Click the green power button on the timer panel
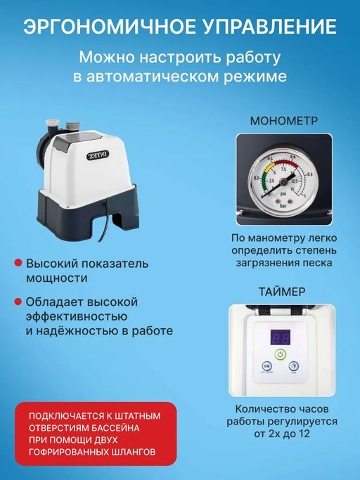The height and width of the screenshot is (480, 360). [281, 355]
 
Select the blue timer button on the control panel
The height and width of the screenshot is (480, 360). [267, 366]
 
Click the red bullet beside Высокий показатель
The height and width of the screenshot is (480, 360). [17, 264]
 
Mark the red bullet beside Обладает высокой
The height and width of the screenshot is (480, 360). [17, 302]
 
